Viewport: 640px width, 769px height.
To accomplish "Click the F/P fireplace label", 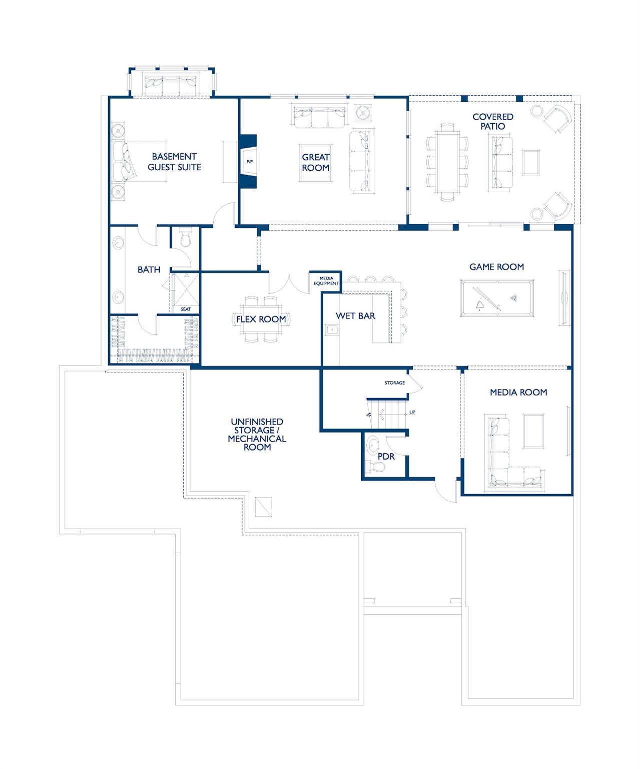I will tap(250, 162).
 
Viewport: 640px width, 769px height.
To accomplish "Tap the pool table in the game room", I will tap(497, 298).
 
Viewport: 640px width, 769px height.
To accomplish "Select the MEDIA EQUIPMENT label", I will tap(326, 281).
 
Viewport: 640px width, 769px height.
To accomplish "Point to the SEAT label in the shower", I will tap(186, 309).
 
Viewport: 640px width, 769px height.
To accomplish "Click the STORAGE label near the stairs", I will tap(395, 383).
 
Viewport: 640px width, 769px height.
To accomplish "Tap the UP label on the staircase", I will tap(412, 413).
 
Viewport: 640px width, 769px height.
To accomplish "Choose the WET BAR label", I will tap(355, 316).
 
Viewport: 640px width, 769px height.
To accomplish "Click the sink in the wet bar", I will tap(331, 330).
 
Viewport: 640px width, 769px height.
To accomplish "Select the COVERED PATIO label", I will tap(493, 122).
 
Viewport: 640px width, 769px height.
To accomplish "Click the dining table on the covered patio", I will tap(447, 162).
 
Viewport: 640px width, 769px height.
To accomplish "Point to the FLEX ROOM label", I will tap(261, 319).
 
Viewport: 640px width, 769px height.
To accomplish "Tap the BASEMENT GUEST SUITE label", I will tap(174, 162).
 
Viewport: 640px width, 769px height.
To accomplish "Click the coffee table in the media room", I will tap(533, 431).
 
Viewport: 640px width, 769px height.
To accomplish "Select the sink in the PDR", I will tap(373, 445).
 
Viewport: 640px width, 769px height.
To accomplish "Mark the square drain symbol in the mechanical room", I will tap(263, 507).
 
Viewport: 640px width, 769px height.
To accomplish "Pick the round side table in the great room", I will tap(362, 112).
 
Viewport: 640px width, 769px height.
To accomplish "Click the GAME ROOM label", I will tap(496, 267).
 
